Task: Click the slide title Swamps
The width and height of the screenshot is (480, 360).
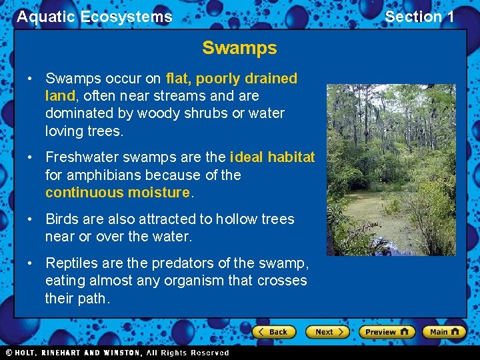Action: point(239,49)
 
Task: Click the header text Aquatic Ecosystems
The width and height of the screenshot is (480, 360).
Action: point(95,17)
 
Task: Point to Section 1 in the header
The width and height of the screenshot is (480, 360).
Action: point(419,17)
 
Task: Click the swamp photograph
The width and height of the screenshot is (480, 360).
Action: point(390,169)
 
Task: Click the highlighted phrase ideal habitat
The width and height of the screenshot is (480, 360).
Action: point(272,157)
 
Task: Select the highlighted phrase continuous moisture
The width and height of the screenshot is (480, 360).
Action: point(118,193)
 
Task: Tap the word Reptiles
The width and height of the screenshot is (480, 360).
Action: point(71,263)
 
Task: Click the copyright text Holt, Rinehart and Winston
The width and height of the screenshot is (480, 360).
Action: point(117,353)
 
